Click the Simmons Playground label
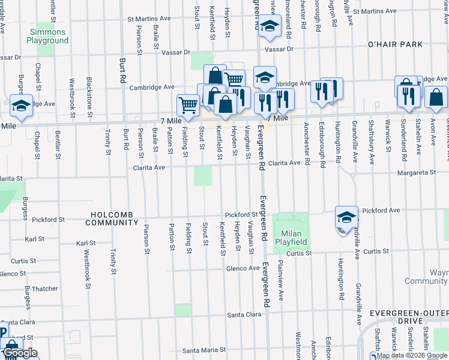(47, 35)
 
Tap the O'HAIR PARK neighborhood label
(396, 45)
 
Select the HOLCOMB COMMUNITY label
(112, 218)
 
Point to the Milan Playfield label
(291, 238)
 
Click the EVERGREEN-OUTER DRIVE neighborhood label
(409, 313)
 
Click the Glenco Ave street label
(243, 268)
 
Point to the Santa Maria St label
(204, 350)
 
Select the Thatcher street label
(45, 289)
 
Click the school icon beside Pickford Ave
(347, 217)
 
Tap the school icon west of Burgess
(22, 106)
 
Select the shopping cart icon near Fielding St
(188, 106)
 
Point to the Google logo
(20, 353)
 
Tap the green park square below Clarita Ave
(203, 176)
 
